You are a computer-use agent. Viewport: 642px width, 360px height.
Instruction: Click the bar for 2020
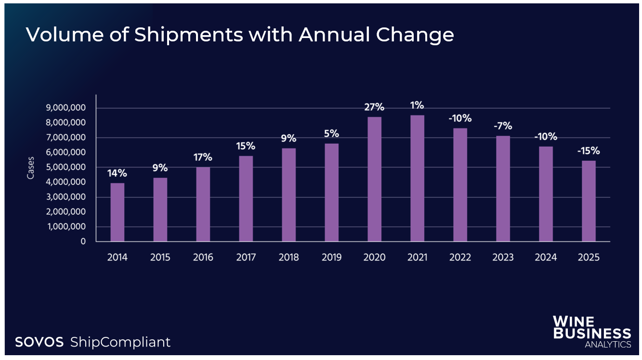point(374,179)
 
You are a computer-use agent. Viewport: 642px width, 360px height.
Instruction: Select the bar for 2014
point(117,212)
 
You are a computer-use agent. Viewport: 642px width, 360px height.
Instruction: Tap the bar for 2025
point(589,201)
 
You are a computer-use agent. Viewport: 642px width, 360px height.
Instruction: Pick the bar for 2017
point(246,198)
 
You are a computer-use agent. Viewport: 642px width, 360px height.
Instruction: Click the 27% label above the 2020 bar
point(374,107)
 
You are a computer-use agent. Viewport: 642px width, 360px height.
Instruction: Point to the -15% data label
point(589,151)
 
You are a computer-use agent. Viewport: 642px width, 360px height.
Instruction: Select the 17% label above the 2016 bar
point(203,157)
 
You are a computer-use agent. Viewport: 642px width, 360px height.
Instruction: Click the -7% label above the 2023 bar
point(503,126)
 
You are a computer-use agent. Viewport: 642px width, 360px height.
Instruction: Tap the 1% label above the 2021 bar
point(417,105)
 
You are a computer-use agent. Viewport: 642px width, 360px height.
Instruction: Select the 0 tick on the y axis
point(83,242)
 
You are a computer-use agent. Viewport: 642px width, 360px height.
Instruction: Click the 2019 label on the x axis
point(331,257)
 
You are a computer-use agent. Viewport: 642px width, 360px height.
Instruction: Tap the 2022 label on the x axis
point(460,257)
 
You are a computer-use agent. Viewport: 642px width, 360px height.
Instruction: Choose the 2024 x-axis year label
point(546,257)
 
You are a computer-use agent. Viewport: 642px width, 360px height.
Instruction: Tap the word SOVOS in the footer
point(39,342)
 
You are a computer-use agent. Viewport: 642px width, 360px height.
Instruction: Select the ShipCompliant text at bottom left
point(120,342)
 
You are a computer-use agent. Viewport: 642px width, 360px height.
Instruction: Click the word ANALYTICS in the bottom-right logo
point(608,345)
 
